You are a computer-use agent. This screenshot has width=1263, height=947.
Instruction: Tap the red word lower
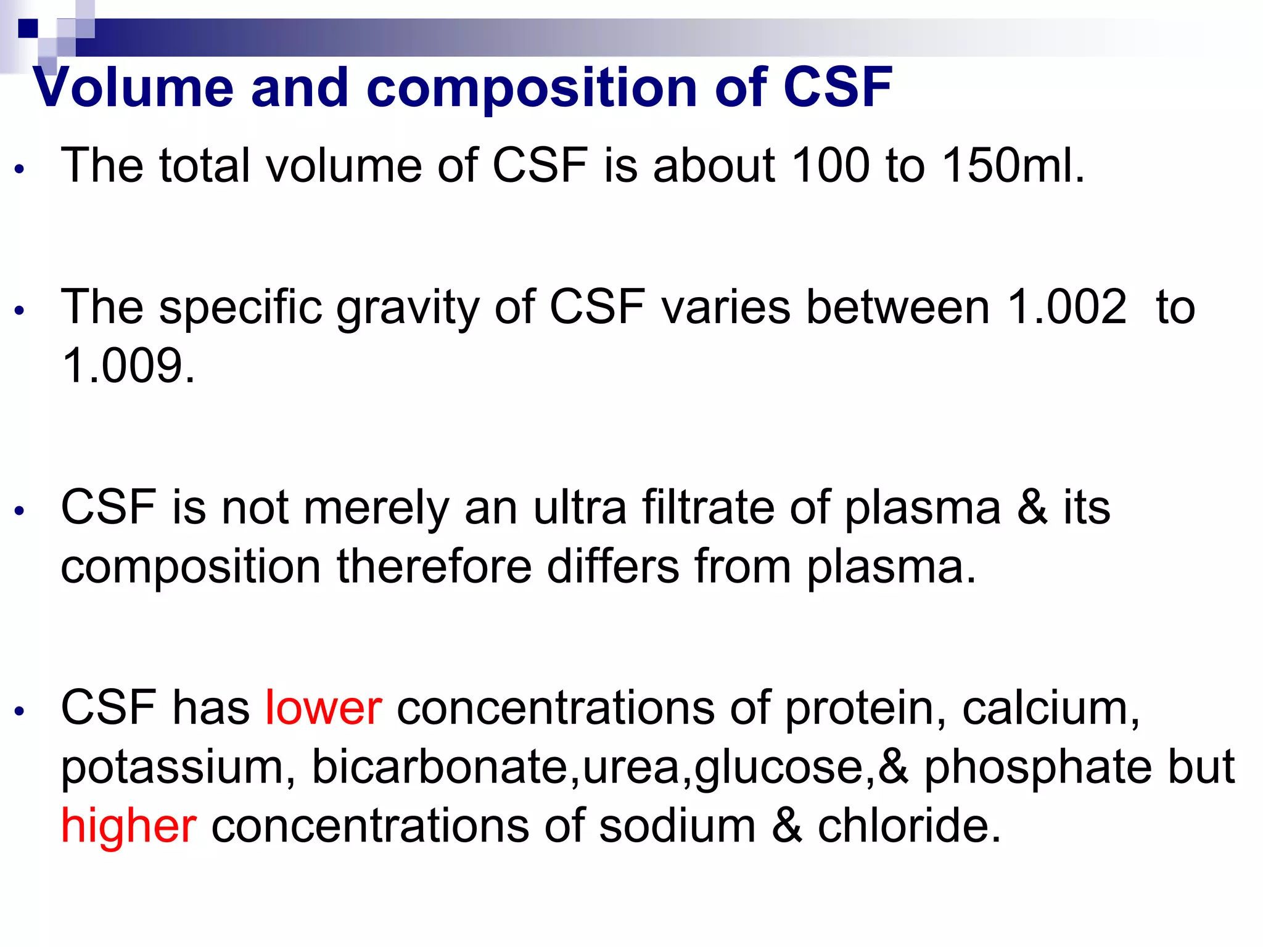click(x=323, y=708)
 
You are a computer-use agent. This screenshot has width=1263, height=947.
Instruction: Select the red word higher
click(x=128, y=826)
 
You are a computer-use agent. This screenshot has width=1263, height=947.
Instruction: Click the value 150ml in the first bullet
click(x=1012, y=165)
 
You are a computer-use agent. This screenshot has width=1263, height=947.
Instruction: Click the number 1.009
click(x=128, y=366)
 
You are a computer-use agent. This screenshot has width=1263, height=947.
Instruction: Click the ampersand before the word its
click(x=1032, y=507)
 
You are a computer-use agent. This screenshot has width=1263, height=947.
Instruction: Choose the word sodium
click(x=677, y=826)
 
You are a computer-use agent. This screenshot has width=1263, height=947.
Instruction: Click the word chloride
click(x=909, y=826)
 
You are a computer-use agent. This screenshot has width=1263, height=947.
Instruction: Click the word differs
click(x=613, y=566)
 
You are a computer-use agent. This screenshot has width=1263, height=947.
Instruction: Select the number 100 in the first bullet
click(x=830, y=165)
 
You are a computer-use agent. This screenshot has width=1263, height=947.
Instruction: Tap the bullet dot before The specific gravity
click(x=20, y=310)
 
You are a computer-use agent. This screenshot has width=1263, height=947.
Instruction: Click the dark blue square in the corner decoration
click(x=28, y=28)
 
